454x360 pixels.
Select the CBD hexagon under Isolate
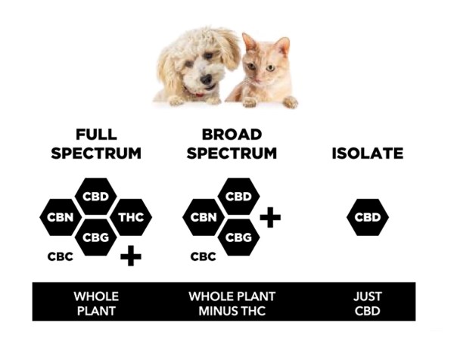click(368, 218)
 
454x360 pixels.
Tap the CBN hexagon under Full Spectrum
click(60, 218)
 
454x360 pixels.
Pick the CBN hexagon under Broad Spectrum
click(204, 218)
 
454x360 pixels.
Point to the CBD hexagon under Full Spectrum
click(96, 197)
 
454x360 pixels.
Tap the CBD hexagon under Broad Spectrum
click(239, 197)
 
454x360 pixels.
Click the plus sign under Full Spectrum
click(131, 256)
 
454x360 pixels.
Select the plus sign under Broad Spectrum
click(270, 218)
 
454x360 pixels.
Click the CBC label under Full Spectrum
click(61, 256)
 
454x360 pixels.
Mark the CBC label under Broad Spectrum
click(203, 256)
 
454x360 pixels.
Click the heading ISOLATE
click(367, 154)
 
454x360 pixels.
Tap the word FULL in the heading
click(96, 135)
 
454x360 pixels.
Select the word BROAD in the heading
click(232, 135)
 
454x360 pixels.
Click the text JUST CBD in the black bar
click(368, 302)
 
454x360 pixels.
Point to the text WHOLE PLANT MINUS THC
click(232, 302)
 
